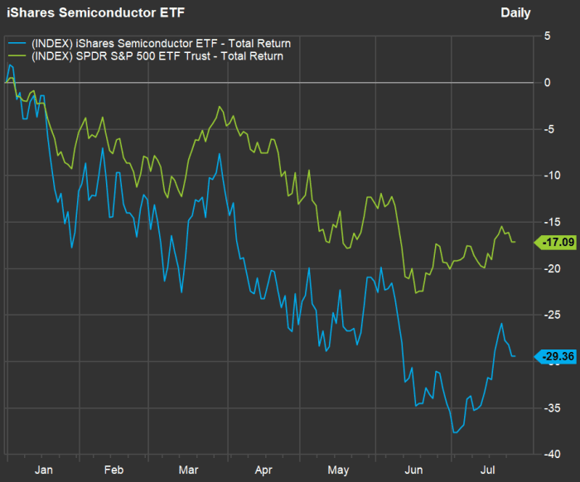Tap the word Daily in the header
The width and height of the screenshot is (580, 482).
click(515, 12)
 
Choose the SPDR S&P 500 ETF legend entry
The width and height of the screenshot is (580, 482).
click(157, 56)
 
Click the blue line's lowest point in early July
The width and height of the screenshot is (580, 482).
click(455, 432)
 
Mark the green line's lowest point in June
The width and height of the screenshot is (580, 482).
click(416, 293)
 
